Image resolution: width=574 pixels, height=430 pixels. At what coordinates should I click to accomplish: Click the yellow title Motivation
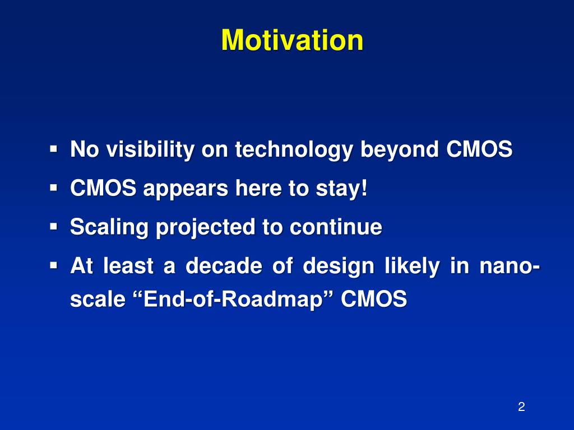pos(292,40)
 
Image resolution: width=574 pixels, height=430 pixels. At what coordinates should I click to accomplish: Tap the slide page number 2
pos(522,406)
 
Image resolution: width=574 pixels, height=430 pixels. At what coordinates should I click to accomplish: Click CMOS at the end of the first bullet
pos(479,149)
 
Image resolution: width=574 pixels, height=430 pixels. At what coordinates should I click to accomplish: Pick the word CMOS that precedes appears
pos(103,188)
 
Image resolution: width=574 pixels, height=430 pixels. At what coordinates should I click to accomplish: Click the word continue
pos(336,227)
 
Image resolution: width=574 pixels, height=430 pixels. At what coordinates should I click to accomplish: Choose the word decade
pos(224,265)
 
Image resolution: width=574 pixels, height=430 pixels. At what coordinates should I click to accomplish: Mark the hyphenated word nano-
pos(510,266)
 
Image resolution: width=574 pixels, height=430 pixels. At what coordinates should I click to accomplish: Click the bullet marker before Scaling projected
pos(54,227)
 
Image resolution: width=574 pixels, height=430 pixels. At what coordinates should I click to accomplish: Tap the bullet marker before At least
pos(54,265)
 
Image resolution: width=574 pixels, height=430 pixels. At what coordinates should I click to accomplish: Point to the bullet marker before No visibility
pos(54,149)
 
